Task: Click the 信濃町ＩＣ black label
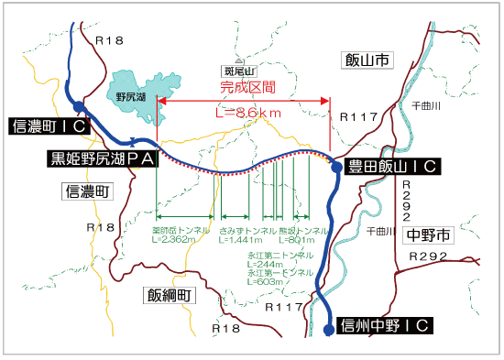coord(47,126)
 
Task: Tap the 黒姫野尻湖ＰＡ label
coord(100,158)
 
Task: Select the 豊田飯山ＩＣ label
coord(390,166)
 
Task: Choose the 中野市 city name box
coord(427,235)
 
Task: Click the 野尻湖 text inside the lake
coord(132,94)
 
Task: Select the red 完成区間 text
coord(248,89)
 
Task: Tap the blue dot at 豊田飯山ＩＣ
coord(334,167)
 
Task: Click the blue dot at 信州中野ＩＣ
coord(328,330)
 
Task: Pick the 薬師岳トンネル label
coord(181,229)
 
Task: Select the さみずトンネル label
coord(248,229)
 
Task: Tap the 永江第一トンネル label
coord(279,273)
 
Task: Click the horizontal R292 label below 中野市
coord(430,258)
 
